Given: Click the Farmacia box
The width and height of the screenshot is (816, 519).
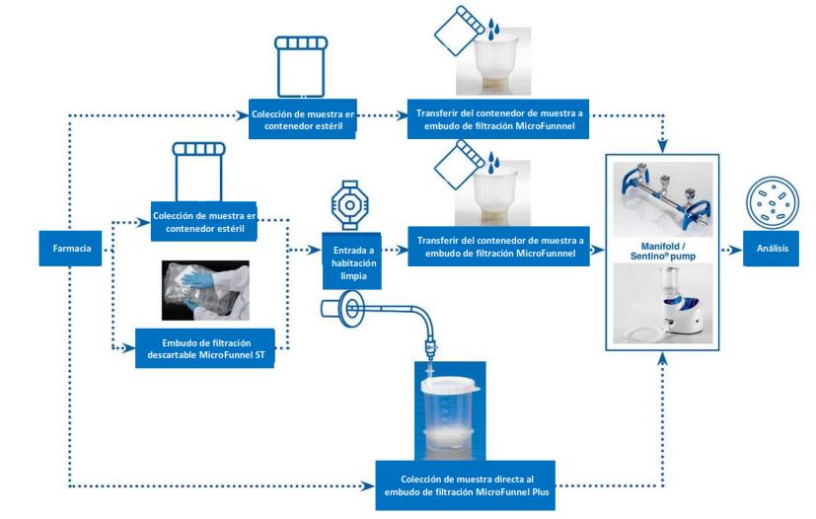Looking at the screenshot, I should point(69,249).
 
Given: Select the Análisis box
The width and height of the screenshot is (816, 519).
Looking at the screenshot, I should point(772,250).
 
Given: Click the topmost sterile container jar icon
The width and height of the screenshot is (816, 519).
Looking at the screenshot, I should point(299,64).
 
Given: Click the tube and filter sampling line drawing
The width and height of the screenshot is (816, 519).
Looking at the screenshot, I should point(385,324).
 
